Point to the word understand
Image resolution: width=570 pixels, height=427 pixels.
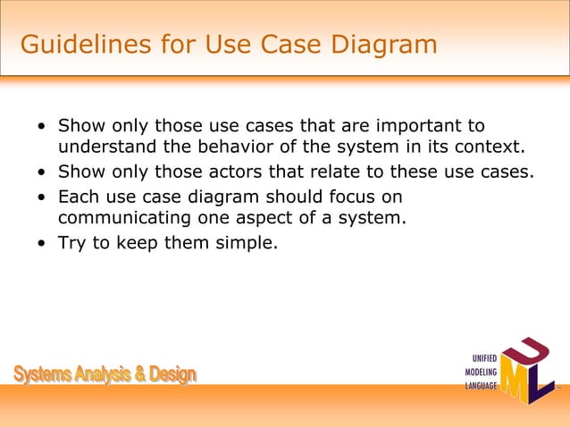pyautogui.click(x=106, y=147)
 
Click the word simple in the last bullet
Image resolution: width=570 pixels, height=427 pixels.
pyautogui.click(x=241, y=241)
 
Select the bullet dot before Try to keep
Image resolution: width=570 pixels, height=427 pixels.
pyautogui.click(x=42, y=242)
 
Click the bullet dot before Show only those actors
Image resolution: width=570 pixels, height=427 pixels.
pyautogui.click(x=42, y=172)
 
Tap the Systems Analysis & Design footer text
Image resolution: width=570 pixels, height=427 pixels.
pyautogui.click(x=105, y=374)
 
